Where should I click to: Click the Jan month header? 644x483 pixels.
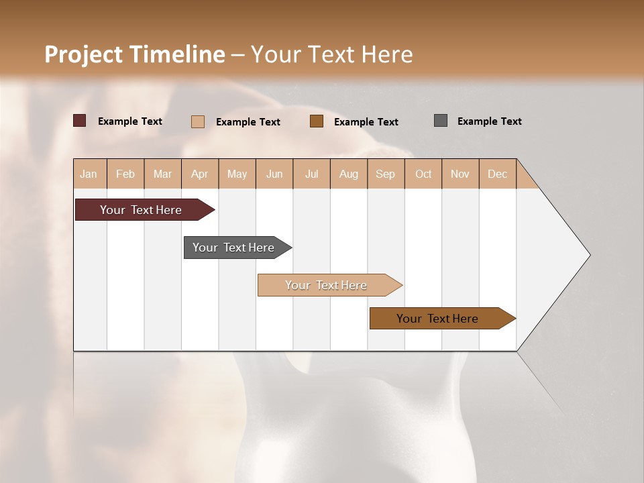point(89,174)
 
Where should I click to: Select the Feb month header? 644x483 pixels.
point(125,174)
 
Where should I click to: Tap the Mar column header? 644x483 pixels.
point(162,174)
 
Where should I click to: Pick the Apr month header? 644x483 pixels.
point(200,174)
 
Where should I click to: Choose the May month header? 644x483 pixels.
point(237,174)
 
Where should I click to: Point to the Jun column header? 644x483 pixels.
point(274,174)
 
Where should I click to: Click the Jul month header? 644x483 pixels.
point(311,174)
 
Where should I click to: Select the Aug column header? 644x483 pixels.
point(349,174)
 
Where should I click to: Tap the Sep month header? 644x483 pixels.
point(386,174)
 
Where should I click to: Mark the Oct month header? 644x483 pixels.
point(423,174)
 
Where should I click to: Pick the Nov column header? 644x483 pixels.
point(460,174)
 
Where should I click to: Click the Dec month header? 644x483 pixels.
point(498,174)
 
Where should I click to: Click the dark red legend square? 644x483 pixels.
point(80,121)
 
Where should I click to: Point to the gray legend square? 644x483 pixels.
point(441,121)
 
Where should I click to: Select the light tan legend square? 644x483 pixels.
point(198,121)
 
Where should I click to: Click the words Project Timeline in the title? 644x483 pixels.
point(135,54)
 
